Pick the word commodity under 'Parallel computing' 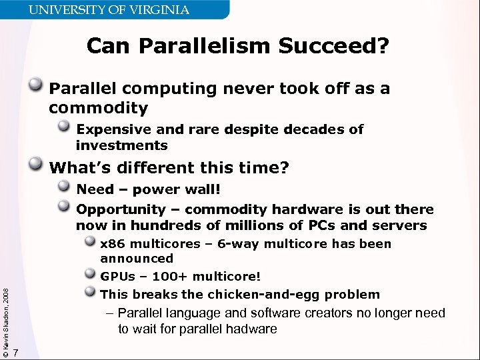[98, 108]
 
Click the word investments [122, 145]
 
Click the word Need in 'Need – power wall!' [95, 189]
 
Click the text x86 [112, 244]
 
